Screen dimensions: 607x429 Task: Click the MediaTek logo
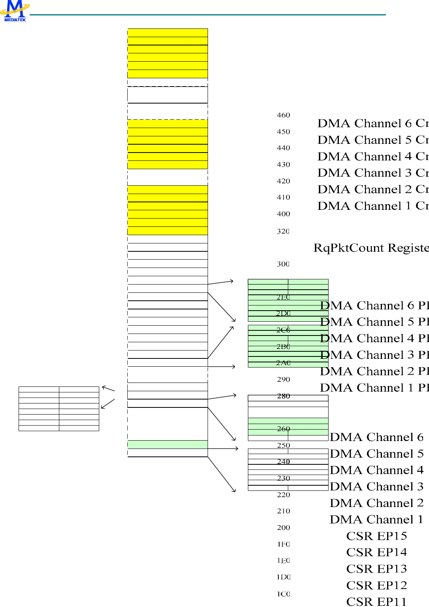click(x=15, y=11)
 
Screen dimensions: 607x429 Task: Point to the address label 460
click(x=283, y=115)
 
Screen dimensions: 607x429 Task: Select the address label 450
click(x=283, y=132)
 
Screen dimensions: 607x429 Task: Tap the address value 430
click(x=283, y=165)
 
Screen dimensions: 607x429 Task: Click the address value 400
click(x=283, y=214)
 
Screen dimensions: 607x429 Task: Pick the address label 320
click(x=283, y=232)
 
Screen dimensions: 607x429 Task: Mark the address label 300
click(x=283, y=264)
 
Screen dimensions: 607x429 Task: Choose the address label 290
click(x=283, y=380)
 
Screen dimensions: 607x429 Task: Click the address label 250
click(x=283, y=446)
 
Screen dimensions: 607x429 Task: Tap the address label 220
click(x=283, y=495)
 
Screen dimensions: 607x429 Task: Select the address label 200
click(x=283, y=528)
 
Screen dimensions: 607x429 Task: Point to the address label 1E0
click(x=283, y=561)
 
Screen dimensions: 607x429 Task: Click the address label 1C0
click(x=283, y=594)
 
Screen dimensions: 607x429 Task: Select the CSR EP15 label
click(x=376, y=536)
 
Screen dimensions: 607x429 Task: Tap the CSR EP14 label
click(x=376, y=552)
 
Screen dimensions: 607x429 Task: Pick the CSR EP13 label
click(x=376, y=569)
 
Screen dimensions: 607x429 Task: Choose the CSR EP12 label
click(x=376, y=586)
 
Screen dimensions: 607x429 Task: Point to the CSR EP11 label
click(x=376, y=602)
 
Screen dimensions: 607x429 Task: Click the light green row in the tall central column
click(x=168, y=445)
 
